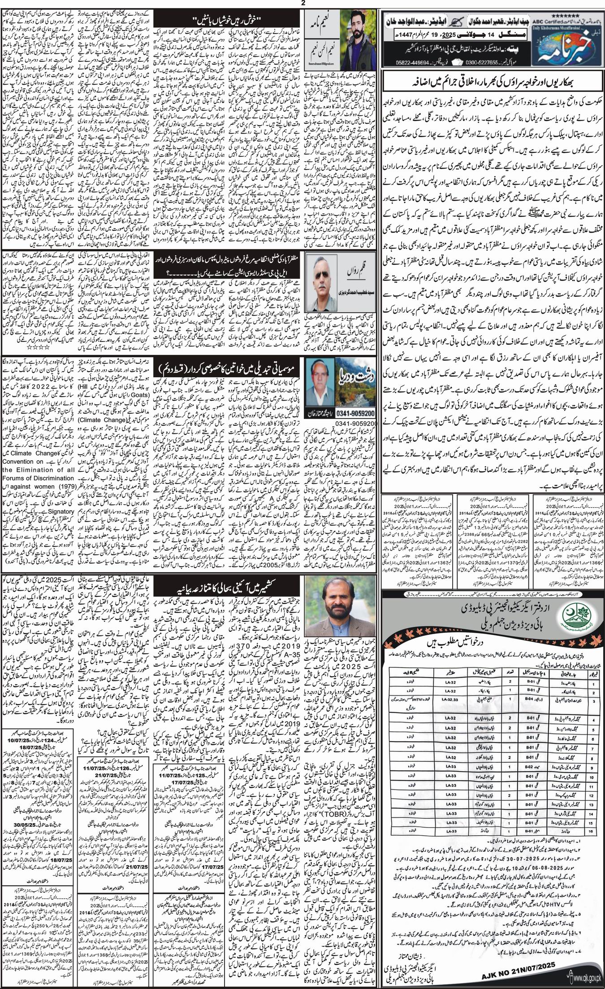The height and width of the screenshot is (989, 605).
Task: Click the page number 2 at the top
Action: click(x=302, y=4)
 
